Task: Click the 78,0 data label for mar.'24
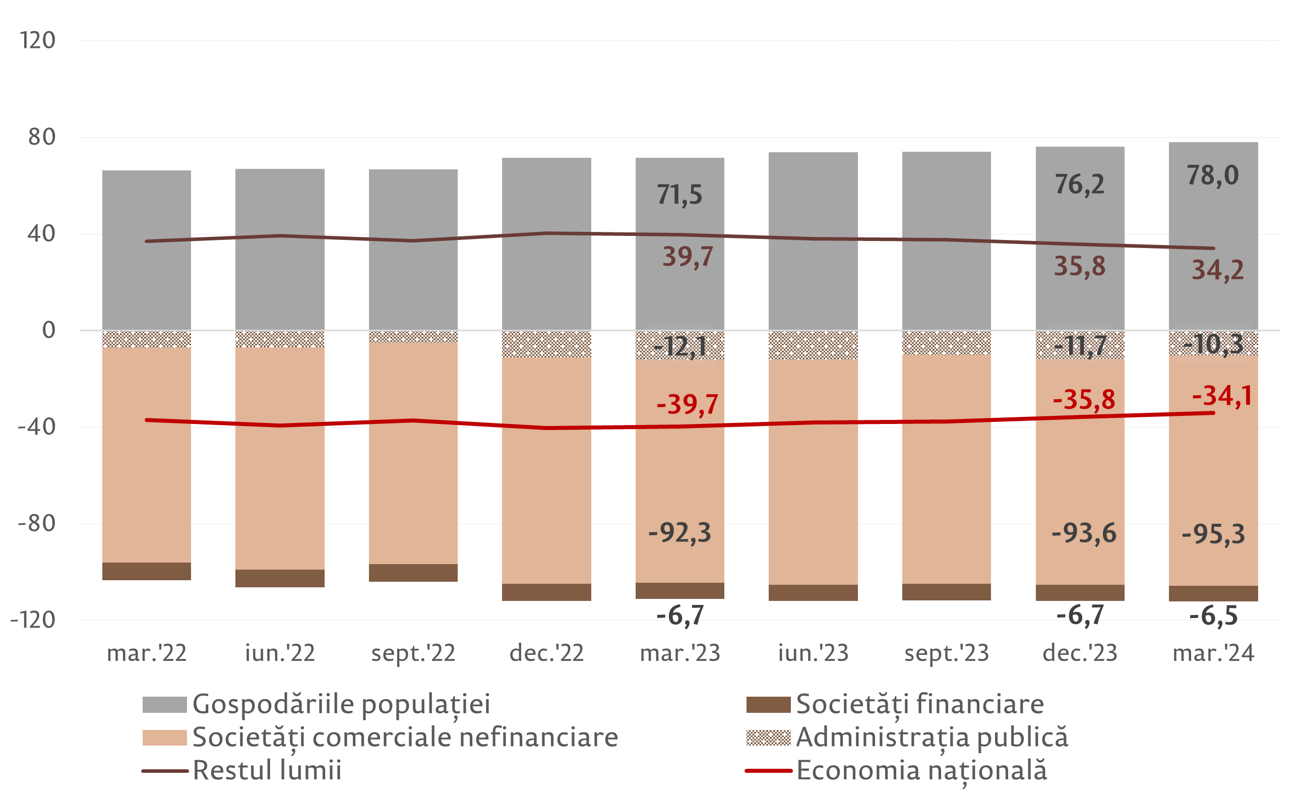[1212, 176]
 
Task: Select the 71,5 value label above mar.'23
[679, 195]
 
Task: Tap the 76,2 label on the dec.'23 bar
[1079, 185]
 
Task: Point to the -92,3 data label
[679, 533]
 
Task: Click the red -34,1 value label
[1222, 396]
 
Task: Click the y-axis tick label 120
[37, 41]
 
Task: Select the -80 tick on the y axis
[37, 523]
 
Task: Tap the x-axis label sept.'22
[413, 653]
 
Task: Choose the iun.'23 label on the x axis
[813, 653]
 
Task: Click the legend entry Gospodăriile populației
[341, 704]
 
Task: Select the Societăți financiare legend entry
[919, 704]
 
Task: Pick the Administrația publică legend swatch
[768, 738]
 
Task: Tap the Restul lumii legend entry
[267, 770]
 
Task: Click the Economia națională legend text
[921, 770]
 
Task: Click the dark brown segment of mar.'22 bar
[146, 571]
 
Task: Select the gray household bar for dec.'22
[546, 243]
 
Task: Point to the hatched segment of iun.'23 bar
[813, 345]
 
